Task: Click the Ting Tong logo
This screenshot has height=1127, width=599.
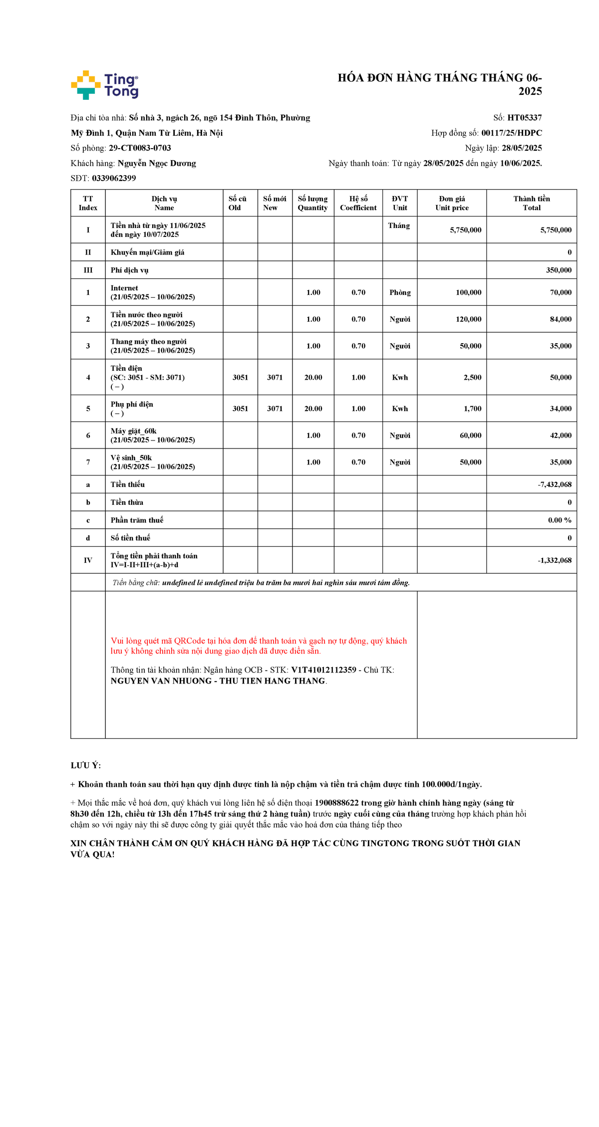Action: pos(104,85)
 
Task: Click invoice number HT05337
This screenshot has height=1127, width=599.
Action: pos(524,118)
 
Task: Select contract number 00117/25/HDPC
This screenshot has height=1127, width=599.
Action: pos(511,133)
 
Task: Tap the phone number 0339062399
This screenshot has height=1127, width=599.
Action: pos(114,178)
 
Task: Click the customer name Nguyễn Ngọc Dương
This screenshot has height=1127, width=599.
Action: pos(157,163)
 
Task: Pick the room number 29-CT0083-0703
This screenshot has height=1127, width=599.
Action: pos(140,148)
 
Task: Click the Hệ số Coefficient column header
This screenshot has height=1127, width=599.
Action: pos(358,203)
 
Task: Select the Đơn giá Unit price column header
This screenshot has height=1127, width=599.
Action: pos(452,203)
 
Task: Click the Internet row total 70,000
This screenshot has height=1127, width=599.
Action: pos(561,292)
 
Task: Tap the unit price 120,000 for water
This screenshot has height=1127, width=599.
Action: pos(468,319)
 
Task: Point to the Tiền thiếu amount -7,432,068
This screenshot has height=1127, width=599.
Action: pos(555,484)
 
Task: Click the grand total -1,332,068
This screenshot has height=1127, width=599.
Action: pos(555,560)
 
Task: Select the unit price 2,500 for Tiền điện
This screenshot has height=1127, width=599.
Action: pos(472,378)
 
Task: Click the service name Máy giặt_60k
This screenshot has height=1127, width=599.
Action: pos(134,431)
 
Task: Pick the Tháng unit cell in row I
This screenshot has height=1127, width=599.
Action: pos(399,225)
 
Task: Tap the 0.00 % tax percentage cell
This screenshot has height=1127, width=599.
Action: pos(560,520)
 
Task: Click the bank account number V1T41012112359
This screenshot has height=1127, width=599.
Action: pos(323,670)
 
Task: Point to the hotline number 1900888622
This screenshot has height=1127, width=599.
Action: pos(336,803)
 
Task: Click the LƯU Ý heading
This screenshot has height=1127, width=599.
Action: pos(86,765)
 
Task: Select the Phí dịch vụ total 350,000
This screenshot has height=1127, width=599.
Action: pos(559,270)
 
